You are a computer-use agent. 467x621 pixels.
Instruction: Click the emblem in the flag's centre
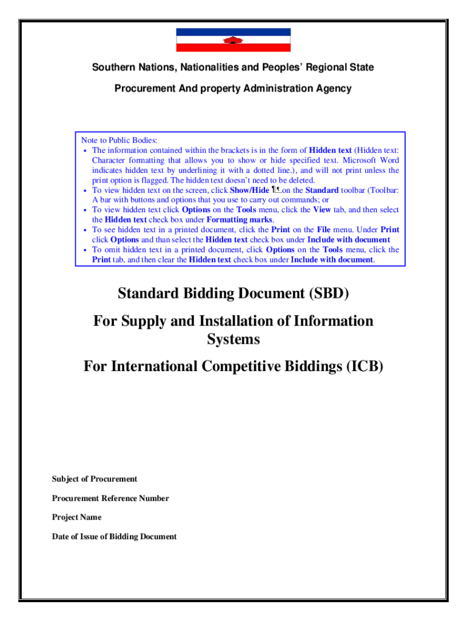[233, 41]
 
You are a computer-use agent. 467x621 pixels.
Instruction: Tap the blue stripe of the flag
[200, 32]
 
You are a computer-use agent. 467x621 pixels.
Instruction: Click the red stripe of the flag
[200, 47]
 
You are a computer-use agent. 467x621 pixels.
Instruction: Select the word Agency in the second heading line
[332, 89]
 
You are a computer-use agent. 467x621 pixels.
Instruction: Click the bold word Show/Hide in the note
[249, 190]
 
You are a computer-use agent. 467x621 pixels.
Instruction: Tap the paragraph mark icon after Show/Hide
[276, 190]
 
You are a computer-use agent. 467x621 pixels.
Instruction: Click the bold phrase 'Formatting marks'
[240, 220]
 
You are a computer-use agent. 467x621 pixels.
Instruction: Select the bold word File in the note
[324, 230]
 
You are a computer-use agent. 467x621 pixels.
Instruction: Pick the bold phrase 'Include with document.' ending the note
[332, 260]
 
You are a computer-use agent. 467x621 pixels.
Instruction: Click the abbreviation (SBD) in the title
[329, 294]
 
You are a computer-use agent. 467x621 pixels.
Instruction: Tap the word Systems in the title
[233, 339]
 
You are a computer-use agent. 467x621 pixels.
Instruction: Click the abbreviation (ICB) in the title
[362, 366]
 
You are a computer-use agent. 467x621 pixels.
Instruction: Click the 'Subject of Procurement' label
[95, 479]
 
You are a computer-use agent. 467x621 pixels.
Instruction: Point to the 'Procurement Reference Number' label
[110, 498]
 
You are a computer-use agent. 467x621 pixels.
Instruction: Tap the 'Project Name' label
[77, 517]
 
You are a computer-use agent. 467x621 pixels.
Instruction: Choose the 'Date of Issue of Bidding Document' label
[115, 537]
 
